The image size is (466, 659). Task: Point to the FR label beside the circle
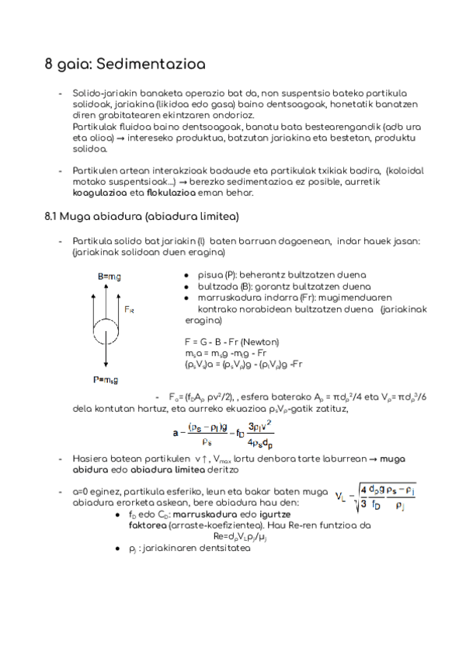[130, 309]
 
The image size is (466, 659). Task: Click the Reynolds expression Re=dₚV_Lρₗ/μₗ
[248, 535]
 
